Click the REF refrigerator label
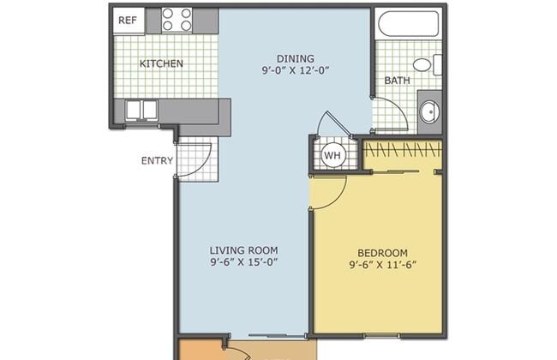127,21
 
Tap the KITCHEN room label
161,63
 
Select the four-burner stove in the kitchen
177,21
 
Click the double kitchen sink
141,110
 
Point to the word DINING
295,58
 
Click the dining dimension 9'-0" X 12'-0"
296,70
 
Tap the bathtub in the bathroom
408,22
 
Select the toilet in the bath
427,64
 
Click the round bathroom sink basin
430,111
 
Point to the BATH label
397,81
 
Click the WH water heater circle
332,155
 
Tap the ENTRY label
157,161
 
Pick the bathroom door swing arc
398,105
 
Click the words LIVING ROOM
243,250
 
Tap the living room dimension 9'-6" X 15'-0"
243,262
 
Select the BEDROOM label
382,253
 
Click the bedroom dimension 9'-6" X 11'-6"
382,265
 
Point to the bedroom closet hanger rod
403,150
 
